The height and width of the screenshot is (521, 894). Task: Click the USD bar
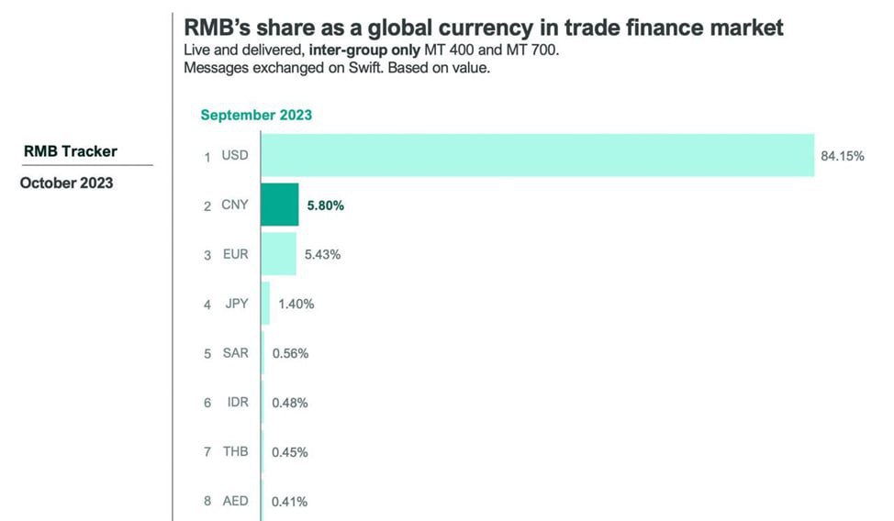[x=537, y=155]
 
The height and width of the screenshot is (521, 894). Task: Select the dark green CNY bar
[x=279, y=205]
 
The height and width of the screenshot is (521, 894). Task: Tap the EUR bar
[x=278, y=254]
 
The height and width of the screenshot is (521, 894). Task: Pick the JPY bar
[x=265, y=304]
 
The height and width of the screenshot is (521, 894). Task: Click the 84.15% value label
[x=842, y=156]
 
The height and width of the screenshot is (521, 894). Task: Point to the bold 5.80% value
[x=325, y=205]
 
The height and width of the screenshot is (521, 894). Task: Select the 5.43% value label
[x=322, y=254]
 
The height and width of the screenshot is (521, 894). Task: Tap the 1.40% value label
[x=296, y=304]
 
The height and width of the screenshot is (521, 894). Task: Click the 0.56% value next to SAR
[x=289, y=353]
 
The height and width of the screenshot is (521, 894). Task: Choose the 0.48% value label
[x=289, y=403]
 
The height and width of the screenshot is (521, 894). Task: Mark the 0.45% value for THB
[x=289, y=452]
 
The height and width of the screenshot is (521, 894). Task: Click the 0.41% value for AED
[x=289, y=502]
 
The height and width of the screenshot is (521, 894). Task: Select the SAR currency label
[x=235, y=353]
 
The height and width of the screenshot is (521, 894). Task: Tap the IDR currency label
[x=236, y=403]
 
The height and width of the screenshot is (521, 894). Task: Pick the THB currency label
[x=235, y=452]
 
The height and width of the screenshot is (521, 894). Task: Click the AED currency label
[x=235, y=502]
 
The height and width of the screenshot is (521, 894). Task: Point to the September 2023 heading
[x=256, y=115]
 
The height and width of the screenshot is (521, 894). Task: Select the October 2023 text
[x=67, y=183]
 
